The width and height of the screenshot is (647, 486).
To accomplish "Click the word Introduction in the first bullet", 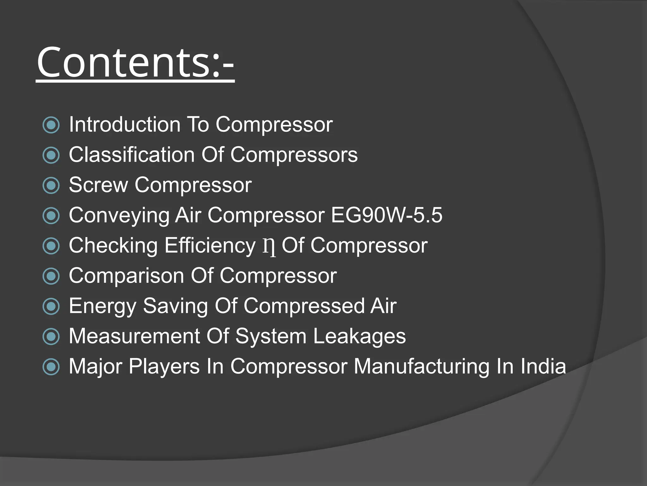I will (x=124, y=124).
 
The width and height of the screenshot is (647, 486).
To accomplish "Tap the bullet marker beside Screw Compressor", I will (x=51, y=185).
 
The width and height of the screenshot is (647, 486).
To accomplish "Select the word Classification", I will (x=131, y=155).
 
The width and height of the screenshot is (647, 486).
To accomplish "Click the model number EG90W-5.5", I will (x=387, y=215).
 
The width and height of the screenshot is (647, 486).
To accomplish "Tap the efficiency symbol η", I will (x=269, y=246).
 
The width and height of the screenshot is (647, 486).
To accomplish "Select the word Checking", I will (x=113, y=246).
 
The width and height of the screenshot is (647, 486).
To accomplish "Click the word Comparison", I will (x=126, y=276).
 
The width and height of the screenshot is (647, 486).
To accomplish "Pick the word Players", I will (x=164, y=367).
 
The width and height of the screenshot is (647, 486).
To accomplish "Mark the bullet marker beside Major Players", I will (x=51, y=367).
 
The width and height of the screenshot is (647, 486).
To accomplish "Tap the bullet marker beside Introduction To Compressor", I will (x=51, y=125).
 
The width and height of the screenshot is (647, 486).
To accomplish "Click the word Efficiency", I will (x=210, y=246).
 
